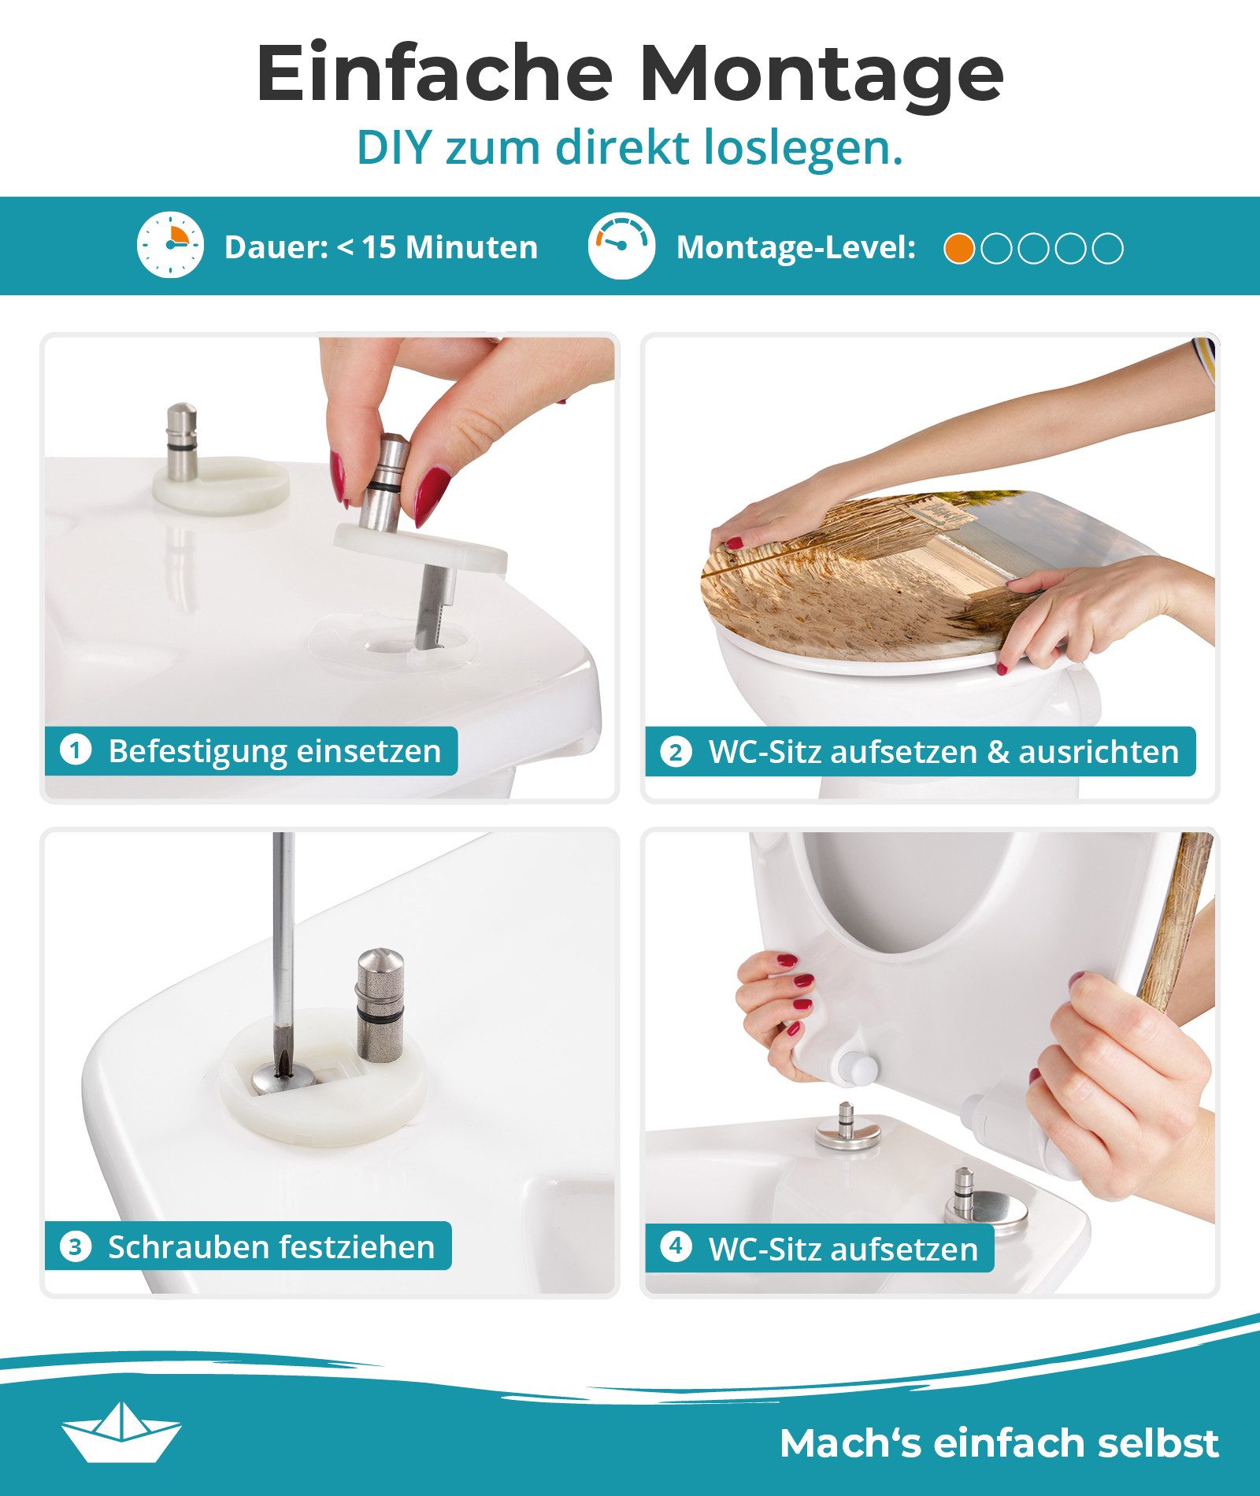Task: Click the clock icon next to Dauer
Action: (170, 245)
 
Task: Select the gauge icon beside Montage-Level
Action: (621, 245)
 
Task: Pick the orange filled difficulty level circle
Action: (959, 249)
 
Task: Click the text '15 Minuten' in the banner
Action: (450, 247)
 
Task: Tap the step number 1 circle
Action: (76, 750)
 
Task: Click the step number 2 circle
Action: (676, 752)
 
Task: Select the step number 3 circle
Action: (76, 1247)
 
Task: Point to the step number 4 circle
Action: (676, 1246)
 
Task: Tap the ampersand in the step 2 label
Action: (998, 752)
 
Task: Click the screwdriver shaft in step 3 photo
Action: (283, 945)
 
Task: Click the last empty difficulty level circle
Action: (1109, 249)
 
